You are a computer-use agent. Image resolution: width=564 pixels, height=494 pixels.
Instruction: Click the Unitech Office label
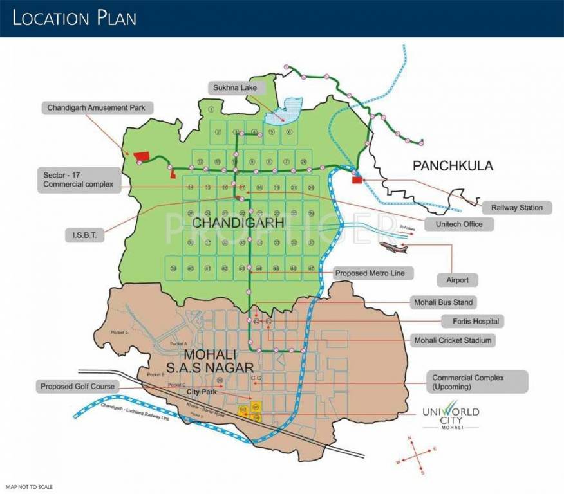click(x=458, y=224)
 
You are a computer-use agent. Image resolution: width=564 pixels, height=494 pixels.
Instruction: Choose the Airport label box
click(x=461, y=280)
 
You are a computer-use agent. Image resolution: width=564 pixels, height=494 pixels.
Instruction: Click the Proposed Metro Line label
click(x=373, y=273)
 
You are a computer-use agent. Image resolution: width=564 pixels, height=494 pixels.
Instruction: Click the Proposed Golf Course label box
click(x=77, y=387)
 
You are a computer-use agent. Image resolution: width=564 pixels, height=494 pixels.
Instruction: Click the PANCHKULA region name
click(x=453, y=166)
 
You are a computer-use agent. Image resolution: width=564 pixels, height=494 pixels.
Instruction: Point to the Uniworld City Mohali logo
click(x=450, y=417)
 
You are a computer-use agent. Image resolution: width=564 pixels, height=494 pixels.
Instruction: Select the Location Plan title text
click(x=75, y=17)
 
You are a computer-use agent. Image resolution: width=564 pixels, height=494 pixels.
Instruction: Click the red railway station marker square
click(x=357, y=180)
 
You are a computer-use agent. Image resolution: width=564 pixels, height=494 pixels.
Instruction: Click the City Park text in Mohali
click(x=200, y=391)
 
